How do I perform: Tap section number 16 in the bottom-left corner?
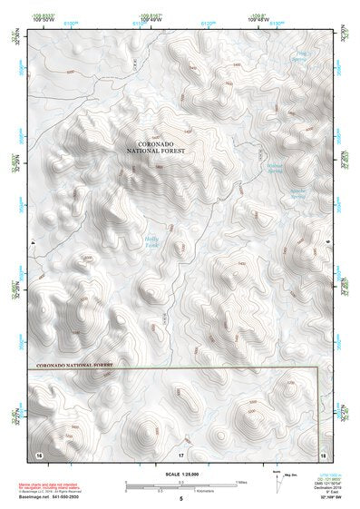pos(38,452)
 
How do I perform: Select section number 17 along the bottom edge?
pos(180,453)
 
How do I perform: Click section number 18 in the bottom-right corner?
pos(323,452)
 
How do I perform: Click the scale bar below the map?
pos(180,483)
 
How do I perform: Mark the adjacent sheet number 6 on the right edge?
pos(327,243)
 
